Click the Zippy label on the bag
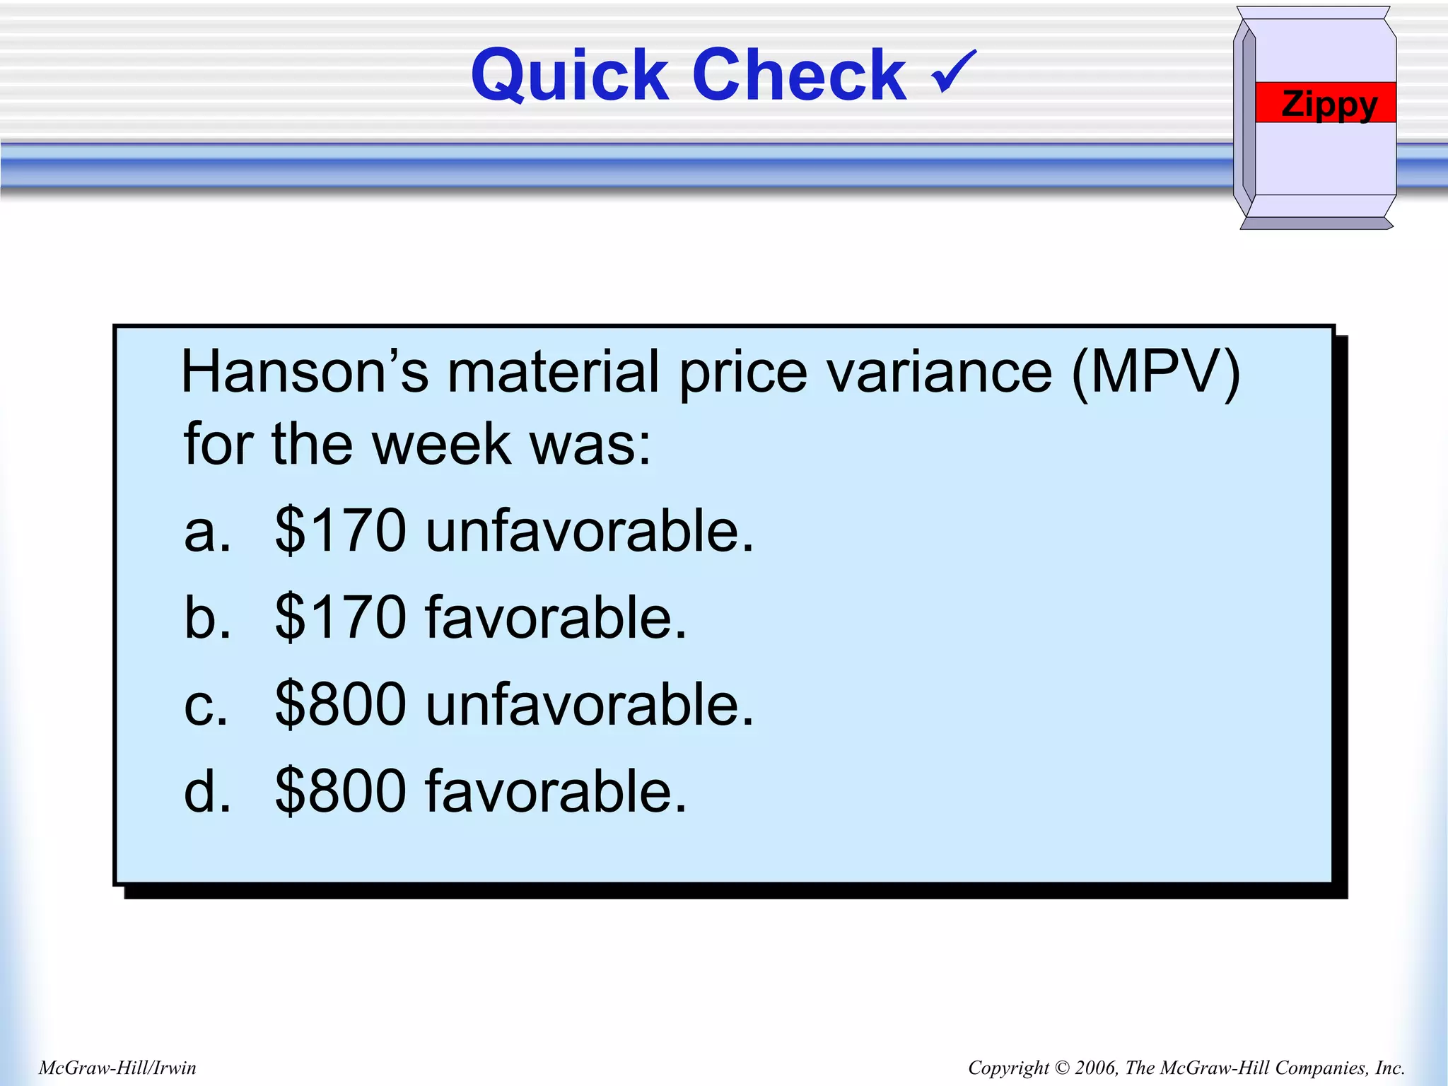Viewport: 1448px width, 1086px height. click(1329, 104)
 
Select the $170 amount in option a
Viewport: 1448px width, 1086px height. click(340, 530)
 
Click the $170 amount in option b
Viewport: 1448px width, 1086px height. click(340, 617)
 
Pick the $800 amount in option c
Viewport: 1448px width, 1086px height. click(340, 704)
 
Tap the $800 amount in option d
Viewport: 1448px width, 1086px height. click(340, 791)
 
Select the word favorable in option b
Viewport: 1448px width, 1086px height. click(556, 617)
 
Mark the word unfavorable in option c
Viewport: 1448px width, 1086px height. click(590, 704)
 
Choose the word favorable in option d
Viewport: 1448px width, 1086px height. click(556, 791)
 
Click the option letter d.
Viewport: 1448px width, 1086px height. click(206, 791)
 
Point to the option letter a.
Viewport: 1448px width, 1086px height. click(206, 532)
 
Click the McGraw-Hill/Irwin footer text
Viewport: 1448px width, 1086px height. click(117, 1068)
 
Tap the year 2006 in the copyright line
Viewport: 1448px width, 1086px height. click(1095, 1068)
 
